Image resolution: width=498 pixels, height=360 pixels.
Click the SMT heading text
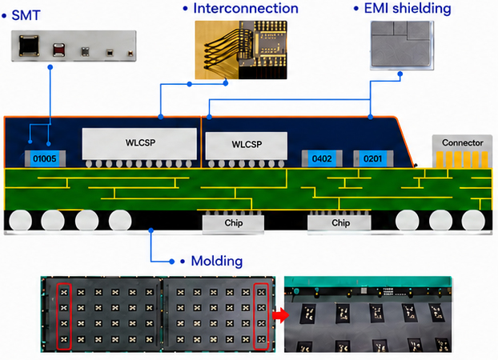(x=26, y=15)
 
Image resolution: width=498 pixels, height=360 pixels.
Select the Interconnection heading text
(x=246, y=9)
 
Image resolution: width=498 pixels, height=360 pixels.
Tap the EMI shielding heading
(x=408, y=9)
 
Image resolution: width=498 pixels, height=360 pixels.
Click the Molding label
(x=217, y=261)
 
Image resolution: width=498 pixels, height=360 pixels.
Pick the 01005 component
(x=45, y=158)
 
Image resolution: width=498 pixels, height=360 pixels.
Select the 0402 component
(x=322, y=158)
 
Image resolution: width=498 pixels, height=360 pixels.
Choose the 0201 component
(x=373, y=158)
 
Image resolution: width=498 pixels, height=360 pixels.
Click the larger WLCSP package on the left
(x=139, y=144)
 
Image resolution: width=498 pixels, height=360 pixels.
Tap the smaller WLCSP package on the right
(x=247, y=146)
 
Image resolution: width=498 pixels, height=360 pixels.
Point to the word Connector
(x=463, y=143)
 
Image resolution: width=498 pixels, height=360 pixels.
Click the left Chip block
(x=234, y=223)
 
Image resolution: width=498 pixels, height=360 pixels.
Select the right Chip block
(x=339, y=223)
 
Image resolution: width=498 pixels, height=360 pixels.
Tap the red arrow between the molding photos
(x=281, y=315)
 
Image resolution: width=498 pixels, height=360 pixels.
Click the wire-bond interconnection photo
(x=241, y=50)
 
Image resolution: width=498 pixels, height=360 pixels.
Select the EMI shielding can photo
(x=402, y=45)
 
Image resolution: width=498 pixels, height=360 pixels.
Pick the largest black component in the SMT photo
(x=29, y=46)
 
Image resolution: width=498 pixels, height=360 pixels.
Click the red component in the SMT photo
(x=58, y=50)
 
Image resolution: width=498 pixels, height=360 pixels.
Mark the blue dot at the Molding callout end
(x=172, y=262)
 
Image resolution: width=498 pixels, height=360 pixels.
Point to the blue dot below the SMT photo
(x=50, y=67)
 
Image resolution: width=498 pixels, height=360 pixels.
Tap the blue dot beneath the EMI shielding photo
(x=400, y=74)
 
